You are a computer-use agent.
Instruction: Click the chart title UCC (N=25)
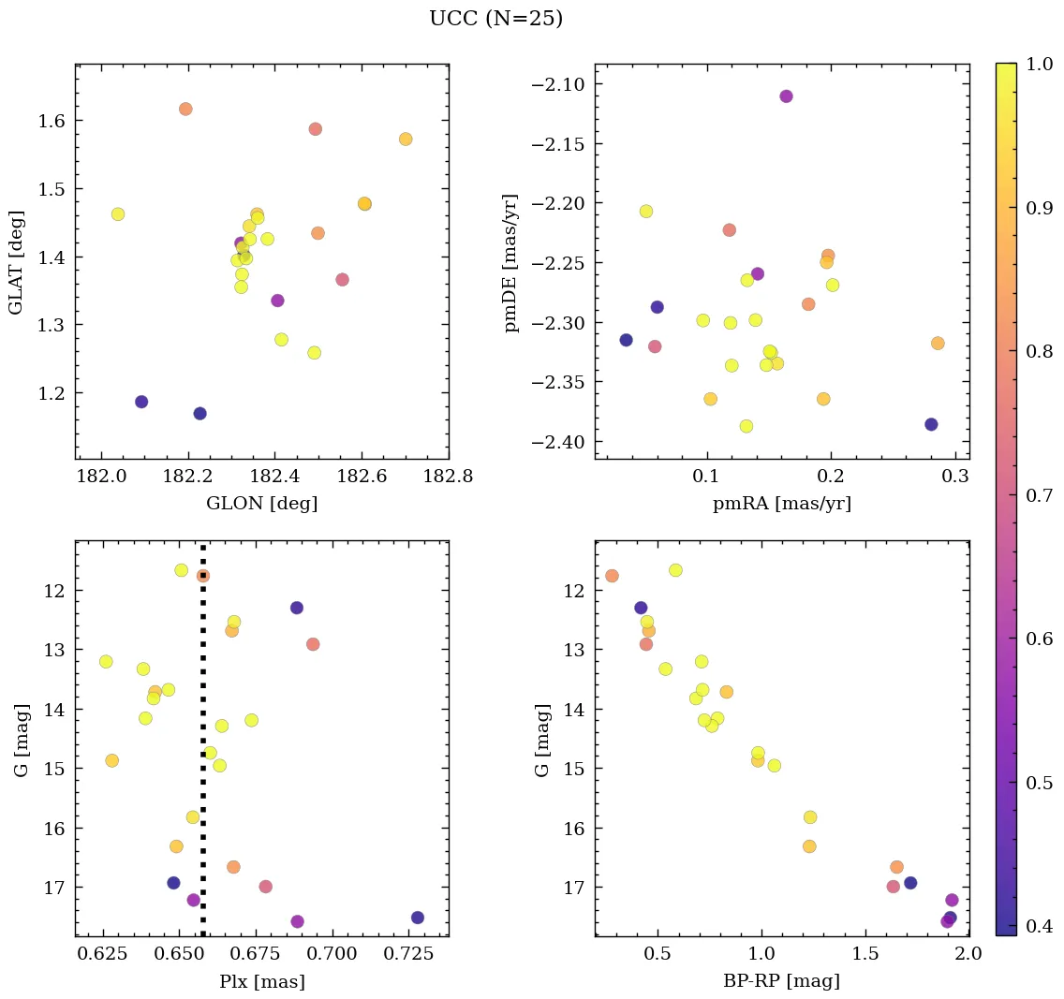click(495, 19)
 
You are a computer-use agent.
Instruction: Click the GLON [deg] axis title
click(261, 504)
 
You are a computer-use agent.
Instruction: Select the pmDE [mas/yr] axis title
click(511, 261)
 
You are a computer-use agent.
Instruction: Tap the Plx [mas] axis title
click(261, 981)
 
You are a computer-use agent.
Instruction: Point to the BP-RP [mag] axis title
click(781, 981)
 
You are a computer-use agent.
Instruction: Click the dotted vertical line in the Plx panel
click(203, 749)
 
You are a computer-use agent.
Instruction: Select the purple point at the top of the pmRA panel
click(786, 96)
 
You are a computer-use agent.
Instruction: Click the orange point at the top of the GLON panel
click(185, 110)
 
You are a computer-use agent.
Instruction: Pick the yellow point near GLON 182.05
click(118, 214)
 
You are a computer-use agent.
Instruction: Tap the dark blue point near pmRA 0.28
click(931, 424)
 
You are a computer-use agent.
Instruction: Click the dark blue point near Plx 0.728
click(417, 918)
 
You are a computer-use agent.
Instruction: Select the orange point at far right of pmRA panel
click(938, 344)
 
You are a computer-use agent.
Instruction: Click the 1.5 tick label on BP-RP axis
click(865, 955)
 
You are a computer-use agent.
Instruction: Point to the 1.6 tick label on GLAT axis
click(52, 121)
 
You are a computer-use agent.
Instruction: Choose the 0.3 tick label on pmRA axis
click(955, 477)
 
